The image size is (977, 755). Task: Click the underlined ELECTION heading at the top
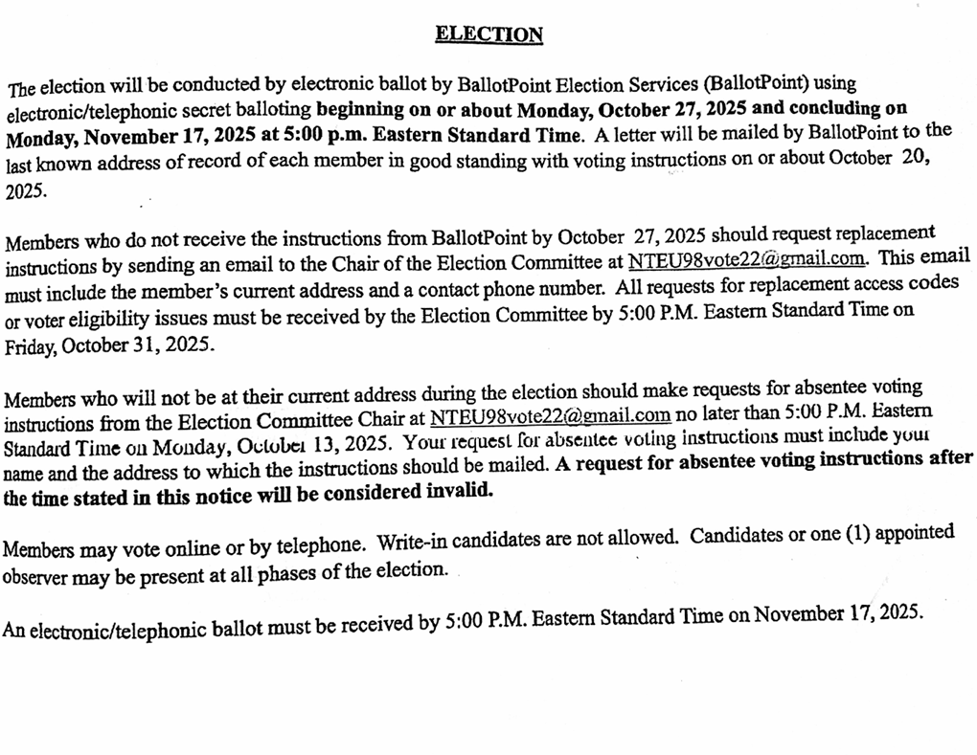[x=488, y=35]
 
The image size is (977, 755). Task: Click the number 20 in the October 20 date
[x=915, y=158]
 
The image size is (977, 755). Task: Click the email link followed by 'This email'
[x=748, y=258]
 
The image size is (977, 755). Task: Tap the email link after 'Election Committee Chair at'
[x=550, y=416]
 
